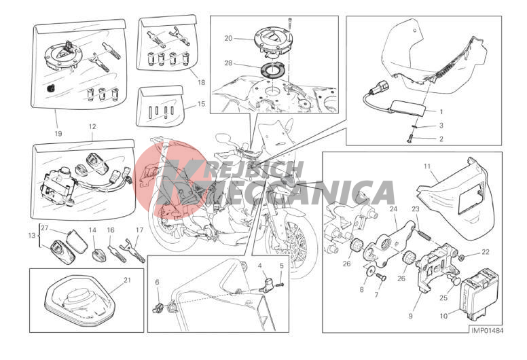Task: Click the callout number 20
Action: [x=228, y=38]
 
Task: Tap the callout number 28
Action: [x=228, y=63]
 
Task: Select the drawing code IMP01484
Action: [x=487, y=331]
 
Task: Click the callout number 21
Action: [x=127, y=280]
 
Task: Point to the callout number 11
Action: [x=427, y=166]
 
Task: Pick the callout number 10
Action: [x=443, y=316]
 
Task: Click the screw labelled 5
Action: [x=280, y=285]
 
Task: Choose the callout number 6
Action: [x=157, y=283]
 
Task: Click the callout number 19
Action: [x=58, y=133]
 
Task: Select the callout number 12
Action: [x=92, y=127]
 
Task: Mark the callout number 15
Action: [x=201, y=104]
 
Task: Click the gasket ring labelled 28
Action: [x=271, y=70]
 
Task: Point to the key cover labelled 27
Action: [x=77, y=241]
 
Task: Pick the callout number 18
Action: [x=201, y=82]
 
